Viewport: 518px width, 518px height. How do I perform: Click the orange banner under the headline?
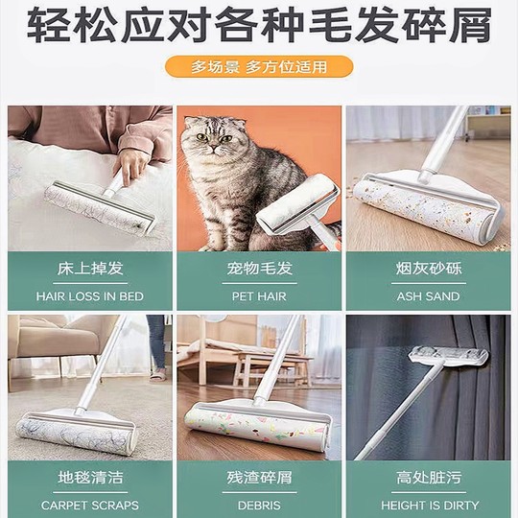click(258, 67)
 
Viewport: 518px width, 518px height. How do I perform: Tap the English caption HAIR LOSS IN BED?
click(89, 296)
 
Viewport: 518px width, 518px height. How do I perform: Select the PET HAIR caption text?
click(258, 296)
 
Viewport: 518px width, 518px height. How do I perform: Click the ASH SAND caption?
click(429, 296)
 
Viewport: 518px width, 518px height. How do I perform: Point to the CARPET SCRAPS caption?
click(89, 505)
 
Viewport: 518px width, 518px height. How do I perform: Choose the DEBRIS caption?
click(258, 505)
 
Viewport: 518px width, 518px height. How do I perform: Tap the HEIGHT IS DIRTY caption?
click(429, 505)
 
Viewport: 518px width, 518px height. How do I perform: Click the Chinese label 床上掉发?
click(89, 269)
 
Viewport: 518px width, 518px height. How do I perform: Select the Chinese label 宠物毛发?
click(258, 269)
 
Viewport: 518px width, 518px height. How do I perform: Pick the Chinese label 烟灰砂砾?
click(429, 269)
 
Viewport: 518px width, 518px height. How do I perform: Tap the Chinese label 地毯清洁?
click(89, 477)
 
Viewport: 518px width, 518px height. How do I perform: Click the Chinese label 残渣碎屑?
click(258, 477)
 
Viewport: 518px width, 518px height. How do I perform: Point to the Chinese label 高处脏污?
click(429, 477)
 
